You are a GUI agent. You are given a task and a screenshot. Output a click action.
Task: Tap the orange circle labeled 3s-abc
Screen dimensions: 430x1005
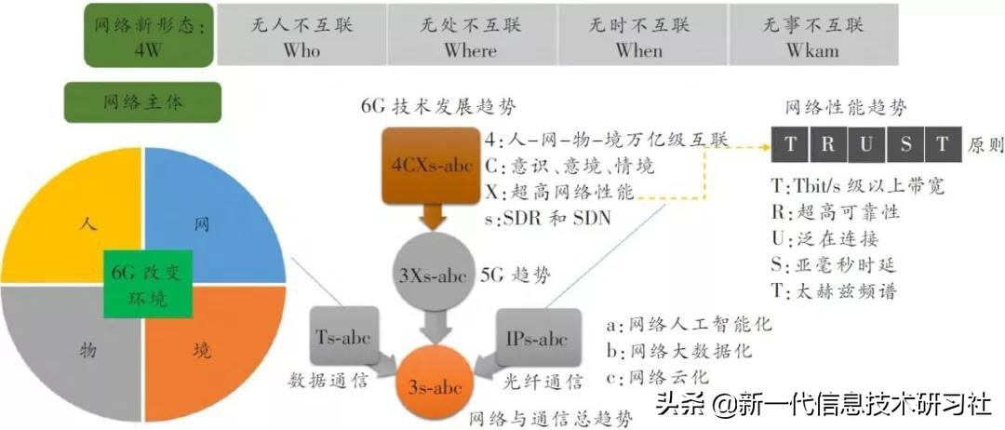(431, 379)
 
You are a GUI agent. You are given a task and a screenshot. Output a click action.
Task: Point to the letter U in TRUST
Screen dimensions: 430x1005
(865, 145)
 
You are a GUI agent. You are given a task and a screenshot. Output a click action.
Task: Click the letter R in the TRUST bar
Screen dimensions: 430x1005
(828, 145)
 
